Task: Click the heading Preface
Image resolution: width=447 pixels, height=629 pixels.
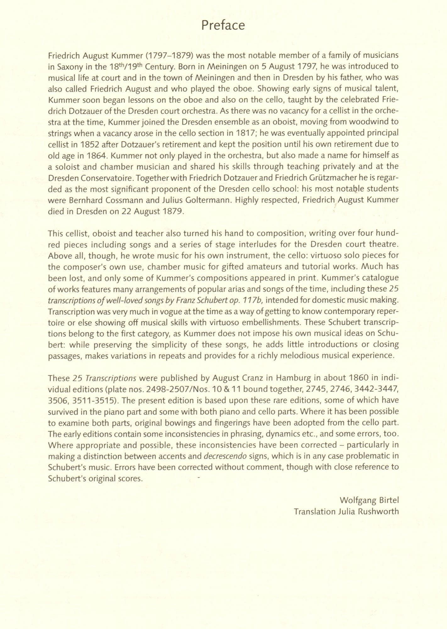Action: (x=223, y=25)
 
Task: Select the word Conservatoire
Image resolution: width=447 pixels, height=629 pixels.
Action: (x=107, y=178)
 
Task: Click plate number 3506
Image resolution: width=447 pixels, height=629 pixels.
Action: (x=58, y=401)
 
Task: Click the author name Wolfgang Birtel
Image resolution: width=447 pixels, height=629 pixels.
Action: (x=369, y=500)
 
